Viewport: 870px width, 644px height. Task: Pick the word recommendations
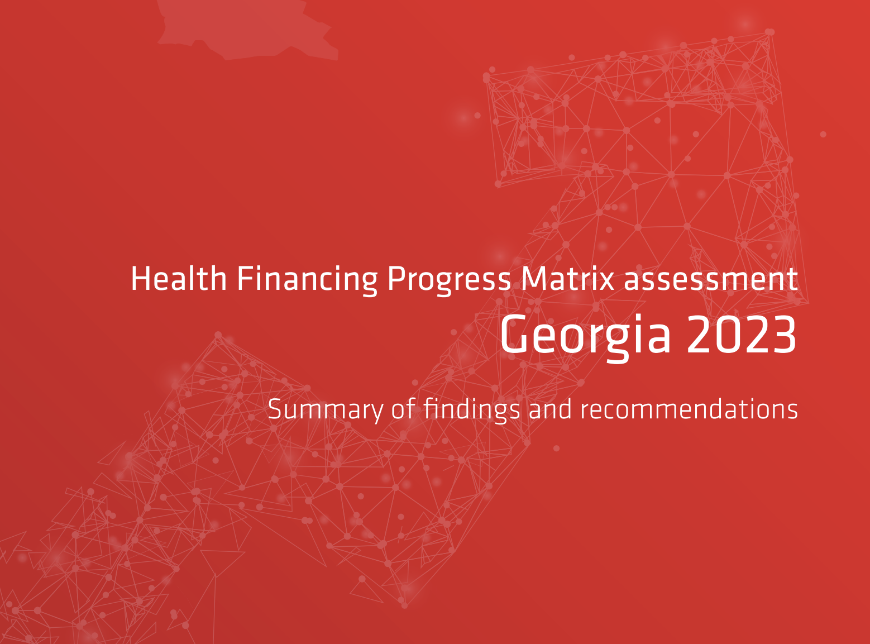point(689,409)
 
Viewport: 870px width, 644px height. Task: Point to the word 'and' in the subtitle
point(550,409)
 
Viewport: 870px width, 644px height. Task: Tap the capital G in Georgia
point(514,335)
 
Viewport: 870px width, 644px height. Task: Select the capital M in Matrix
point(532,279)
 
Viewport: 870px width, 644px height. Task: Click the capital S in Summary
point(275,409)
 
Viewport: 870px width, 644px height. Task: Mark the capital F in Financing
point(245,279)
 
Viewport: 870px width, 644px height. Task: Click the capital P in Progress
point(396,279)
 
